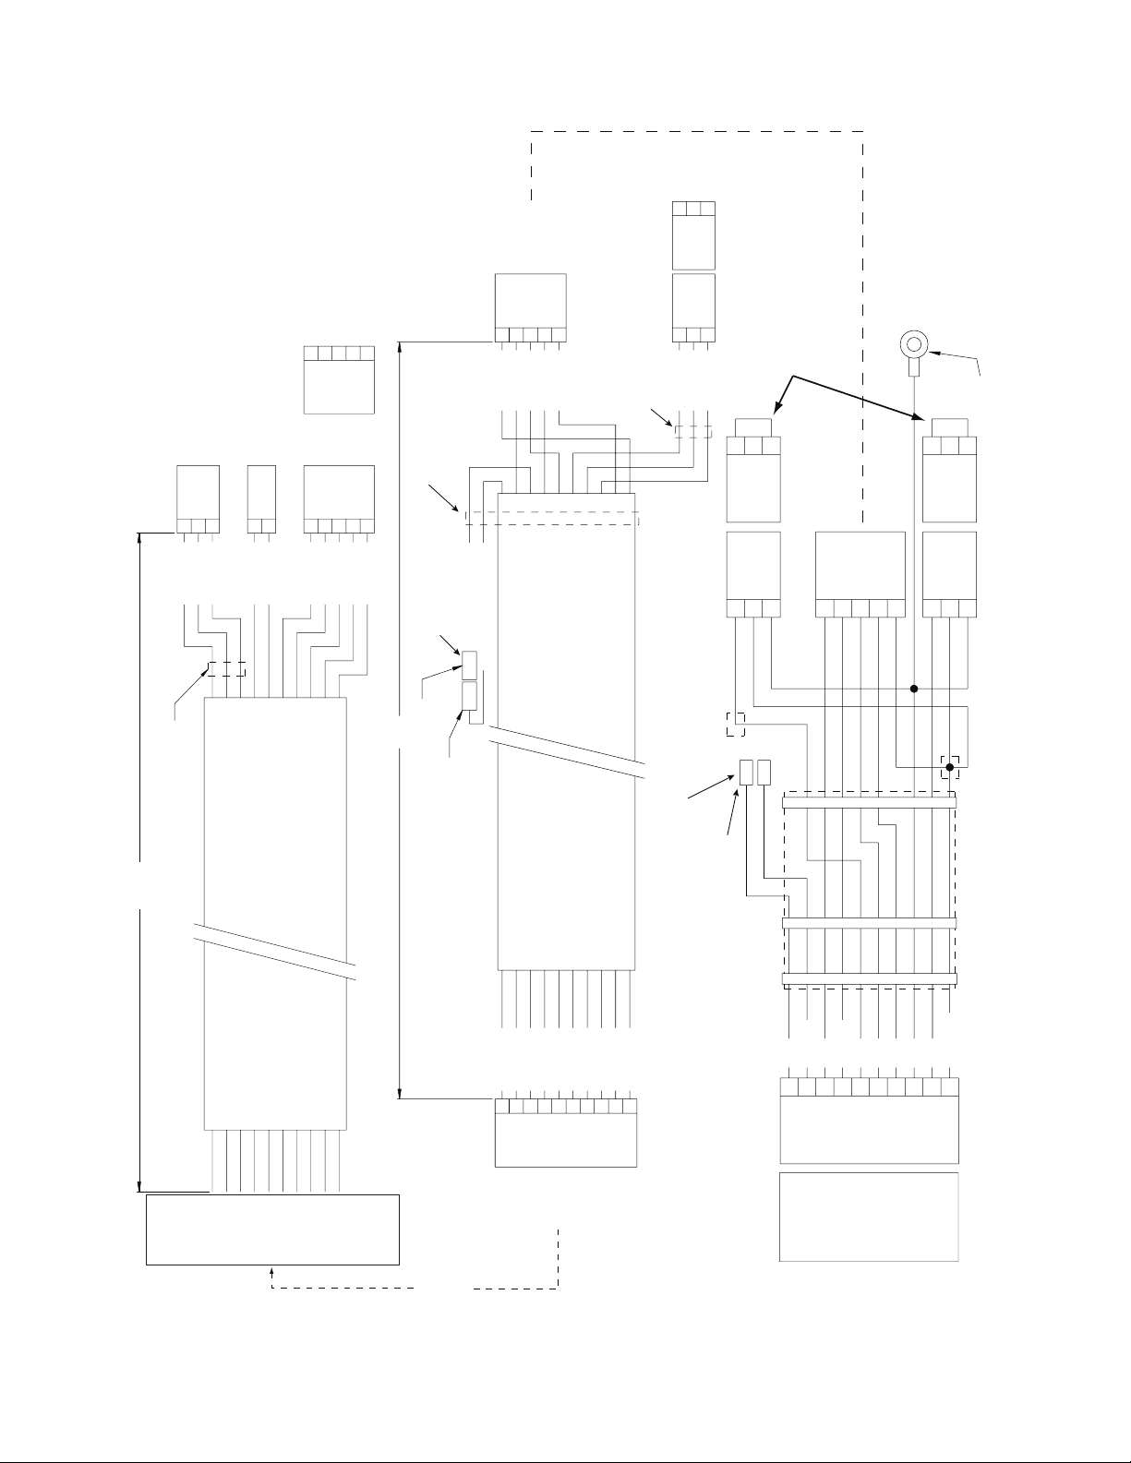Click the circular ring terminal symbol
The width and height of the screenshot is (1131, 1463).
[x=914, y=345]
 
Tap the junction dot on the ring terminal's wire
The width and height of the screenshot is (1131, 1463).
[x=914, y=688]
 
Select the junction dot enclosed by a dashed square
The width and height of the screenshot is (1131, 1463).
[x=949, y=766]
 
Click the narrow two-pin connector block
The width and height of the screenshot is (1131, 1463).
[x=262, y=499]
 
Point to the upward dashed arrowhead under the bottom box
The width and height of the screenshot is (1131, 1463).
[x=271, y=1271]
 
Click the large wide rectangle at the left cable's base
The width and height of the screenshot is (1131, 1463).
[x=272, y=1229]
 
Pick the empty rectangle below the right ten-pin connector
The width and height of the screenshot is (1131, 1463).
[x=869, y=1217]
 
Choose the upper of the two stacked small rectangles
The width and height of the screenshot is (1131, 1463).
[x=468, y=664]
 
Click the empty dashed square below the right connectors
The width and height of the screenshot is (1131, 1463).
[x=735, y=725]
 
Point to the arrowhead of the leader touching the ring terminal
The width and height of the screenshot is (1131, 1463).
[x=931, y=352]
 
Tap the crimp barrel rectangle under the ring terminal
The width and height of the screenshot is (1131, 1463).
[x=914, y=368]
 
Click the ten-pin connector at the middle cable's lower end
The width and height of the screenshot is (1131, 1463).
[x=566, y=1133]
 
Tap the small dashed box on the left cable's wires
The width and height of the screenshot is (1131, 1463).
[x=226, y=669]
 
